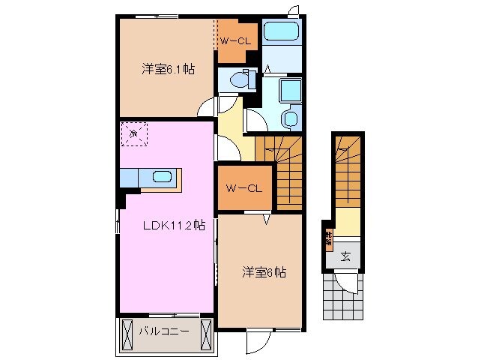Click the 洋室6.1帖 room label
pyautogui.click(x=169, y=69)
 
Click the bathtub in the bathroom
pyautogui.click(x=280, y=32)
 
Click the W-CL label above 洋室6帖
pyautogui.click(x=243, y=187)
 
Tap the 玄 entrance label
pyautogui.click(x=345, y=256)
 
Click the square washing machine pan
pyautogui.click(x=288, y=91)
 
